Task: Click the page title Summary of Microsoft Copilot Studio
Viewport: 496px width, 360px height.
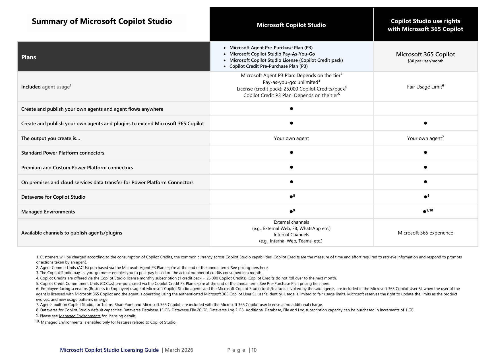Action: pyautogui.click(x=102, y=21)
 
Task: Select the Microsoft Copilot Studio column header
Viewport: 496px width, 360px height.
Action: pyautogui.click(x=291, y=25)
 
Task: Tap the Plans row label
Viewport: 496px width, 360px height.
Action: pyautogui.click(x=29, y=57)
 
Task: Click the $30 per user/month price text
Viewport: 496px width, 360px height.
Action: pyautogui.click(x=425, y=61)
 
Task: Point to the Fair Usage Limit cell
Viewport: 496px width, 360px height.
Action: pyautogui.click(x=425, y=87)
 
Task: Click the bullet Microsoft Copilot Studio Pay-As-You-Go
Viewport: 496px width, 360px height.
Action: pyautogui.click(x=272, y=54)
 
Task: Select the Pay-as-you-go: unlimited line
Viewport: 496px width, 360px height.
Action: pyautogui.click(x=291, y=82)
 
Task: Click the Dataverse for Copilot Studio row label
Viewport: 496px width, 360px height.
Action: pyautogui.click(x=53, y=197)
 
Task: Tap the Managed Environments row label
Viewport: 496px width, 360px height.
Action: pyautogui.click(x=48, y=212)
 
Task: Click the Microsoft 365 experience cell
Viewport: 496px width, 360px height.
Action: pyautogui.click(x=425, y=233)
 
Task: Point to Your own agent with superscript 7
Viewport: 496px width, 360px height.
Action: pyautogui.click(x=425, y=138)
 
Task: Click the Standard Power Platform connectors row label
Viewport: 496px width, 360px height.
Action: pyautogui.click(x=63, y=153)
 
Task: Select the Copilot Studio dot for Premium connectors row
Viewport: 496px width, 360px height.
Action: pyautogui.click(x=291, y=167)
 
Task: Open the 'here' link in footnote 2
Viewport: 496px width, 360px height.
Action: pyautogui.click(x=264, y=268)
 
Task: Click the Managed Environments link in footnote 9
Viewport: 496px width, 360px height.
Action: pyautogui.click(x=80, y=316)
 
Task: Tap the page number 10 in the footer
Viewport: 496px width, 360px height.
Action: pyautogui.click(x=254, y=350)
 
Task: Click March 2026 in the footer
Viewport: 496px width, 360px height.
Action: pyautogui.click(x=179, y=350)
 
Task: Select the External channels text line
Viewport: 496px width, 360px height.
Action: pyautogui.click(x=291, y=222)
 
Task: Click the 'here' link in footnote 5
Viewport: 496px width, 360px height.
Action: pyautogui.click(x=325, y=284)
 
